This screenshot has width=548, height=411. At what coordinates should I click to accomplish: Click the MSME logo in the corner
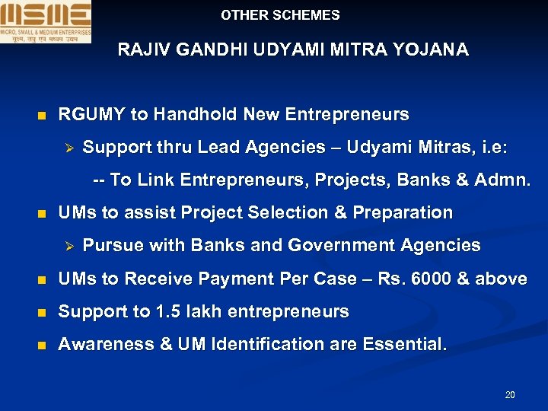[46, 21]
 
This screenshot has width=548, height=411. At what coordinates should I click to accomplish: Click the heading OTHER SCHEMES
[280, 15]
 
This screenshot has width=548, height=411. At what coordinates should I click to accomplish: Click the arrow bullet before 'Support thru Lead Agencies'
[67, 147]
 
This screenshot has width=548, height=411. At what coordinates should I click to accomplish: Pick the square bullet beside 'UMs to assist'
[42, 214]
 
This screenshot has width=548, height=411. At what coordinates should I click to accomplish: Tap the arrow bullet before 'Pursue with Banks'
[67, 246]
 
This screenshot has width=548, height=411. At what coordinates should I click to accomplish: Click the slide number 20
[510, 395]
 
